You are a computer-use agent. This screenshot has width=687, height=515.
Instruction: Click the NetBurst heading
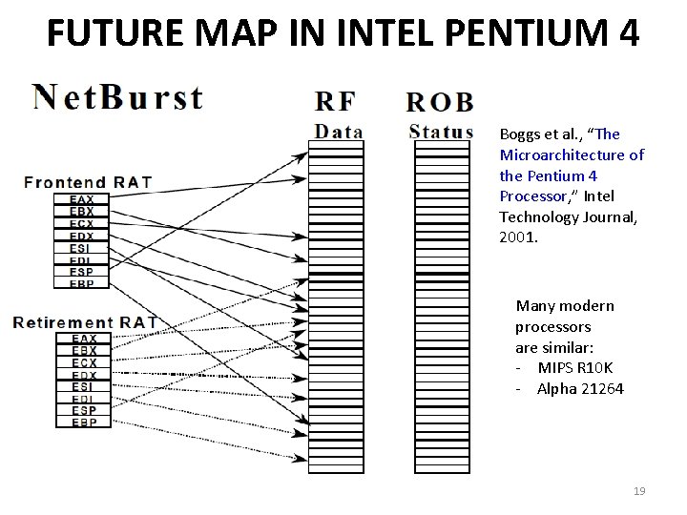[x=117, y=98]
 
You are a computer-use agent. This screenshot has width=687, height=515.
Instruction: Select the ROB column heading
[x=440, y=102]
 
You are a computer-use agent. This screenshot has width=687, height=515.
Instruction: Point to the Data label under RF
[x=338, y=132]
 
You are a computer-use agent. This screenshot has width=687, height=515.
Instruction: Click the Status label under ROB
[x=440, y=132]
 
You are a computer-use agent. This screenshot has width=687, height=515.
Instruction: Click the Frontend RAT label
[x=87, y=181]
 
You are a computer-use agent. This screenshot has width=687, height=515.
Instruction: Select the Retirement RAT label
[x=84, y=322]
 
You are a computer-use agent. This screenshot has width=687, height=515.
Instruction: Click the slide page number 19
[x=639, y=491]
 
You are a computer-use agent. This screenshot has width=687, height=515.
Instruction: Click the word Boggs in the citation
[x=520, y=134]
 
